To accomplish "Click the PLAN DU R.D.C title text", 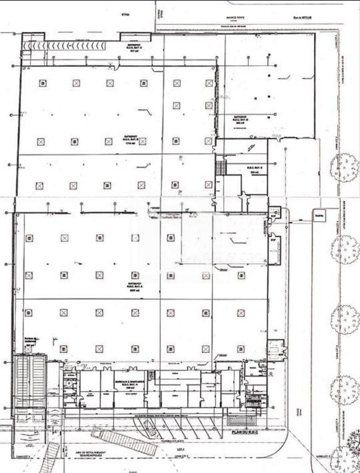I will click(x=241, y=434).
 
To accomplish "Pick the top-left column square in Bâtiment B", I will click(x=43, y=83).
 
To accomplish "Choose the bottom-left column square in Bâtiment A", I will click(x=29, y=348).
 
